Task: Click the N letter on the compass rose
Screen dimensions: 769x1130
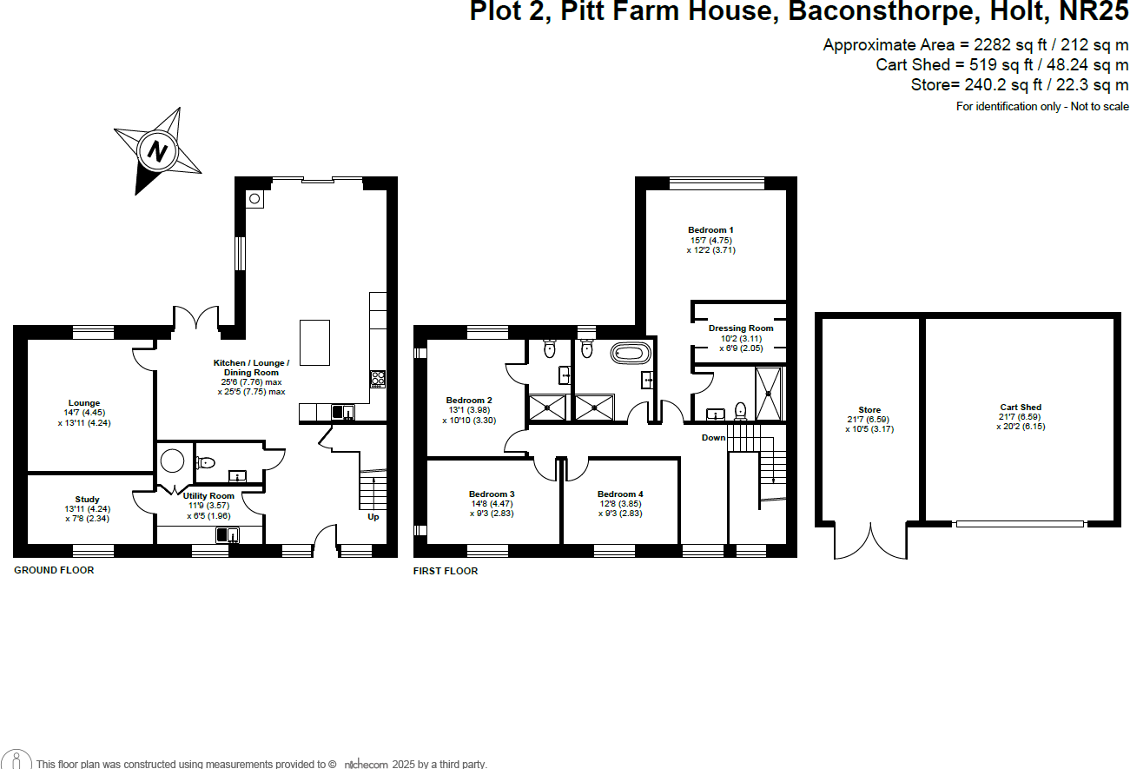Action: coord(157,150)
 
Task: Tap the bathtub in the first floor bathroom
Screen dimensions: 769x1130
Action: coord(631,353)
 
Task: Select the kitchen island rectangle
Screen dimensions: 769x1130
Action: coord(315,343)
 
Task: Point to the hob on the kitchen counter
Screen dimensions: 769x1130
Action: coord(379,377)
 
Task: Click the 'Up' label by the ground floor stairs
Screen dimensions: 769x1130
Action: coord(373,517)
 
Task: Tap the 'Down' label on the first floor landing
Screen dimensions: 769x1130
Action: coord(713,437)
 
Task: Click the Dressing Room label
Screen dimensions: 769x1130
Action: coord(741,328)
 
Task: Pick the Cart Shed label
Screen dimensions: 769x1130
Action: coord(1020,407)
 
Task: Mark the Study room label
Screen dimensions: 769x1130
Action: coord(88,500)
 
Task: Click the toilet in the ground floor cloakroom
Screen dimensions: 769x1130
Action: coord(205,463)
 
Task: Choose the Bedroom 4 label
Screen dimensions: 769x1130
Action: coord(620,494)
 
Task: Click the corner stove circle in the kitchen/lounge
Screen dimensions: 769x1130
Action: coord(254,199)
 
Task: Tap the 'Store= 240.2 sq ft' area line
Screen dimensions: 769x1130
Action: coord(1020,85)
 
